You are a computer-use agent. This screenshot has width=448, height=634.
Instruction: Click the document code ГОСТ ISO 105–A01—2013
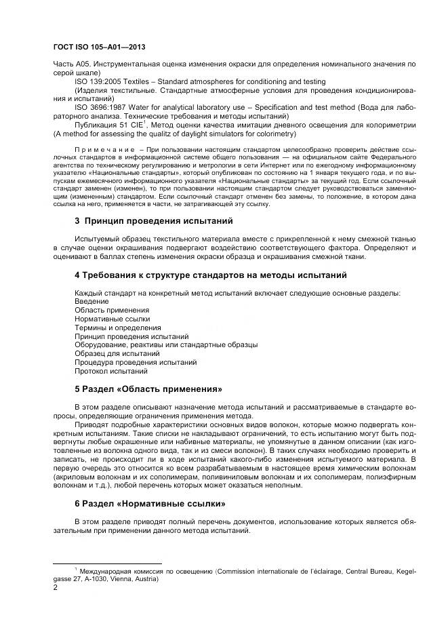99,47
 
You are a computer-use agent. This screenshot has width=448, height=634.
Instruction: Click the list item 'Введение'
91,301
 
